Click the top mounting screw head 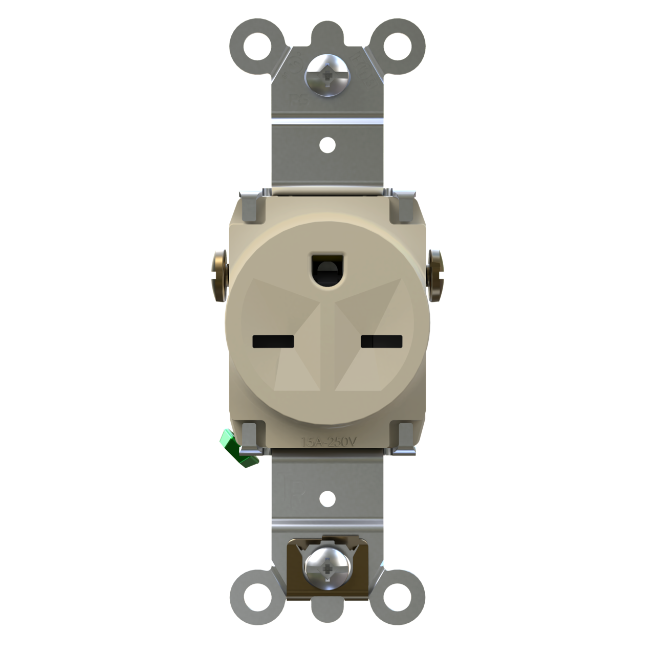[327, 75]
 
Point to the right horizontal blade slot [382, 341]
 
